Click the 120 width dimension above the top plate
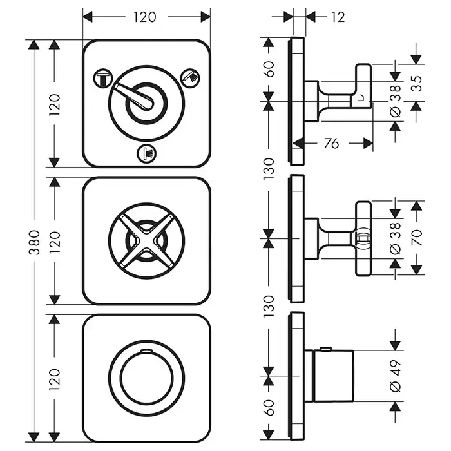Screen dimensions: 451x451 (x=146, y=17)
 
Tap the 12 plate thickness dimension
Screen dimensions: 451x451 (x=338, y=17)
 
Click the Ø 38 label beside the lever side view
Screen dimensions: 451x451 (x=396, y=101)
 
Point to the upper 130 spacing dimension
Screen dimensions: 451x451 (x=269, y=169)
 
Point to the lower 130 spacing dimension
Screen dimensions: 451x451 (x=269, y=308)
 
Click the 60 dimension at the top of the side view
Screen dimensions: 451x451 (x=269, y=69)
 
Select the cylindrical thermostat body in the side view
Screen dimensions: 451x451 (x=331, y=376)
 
